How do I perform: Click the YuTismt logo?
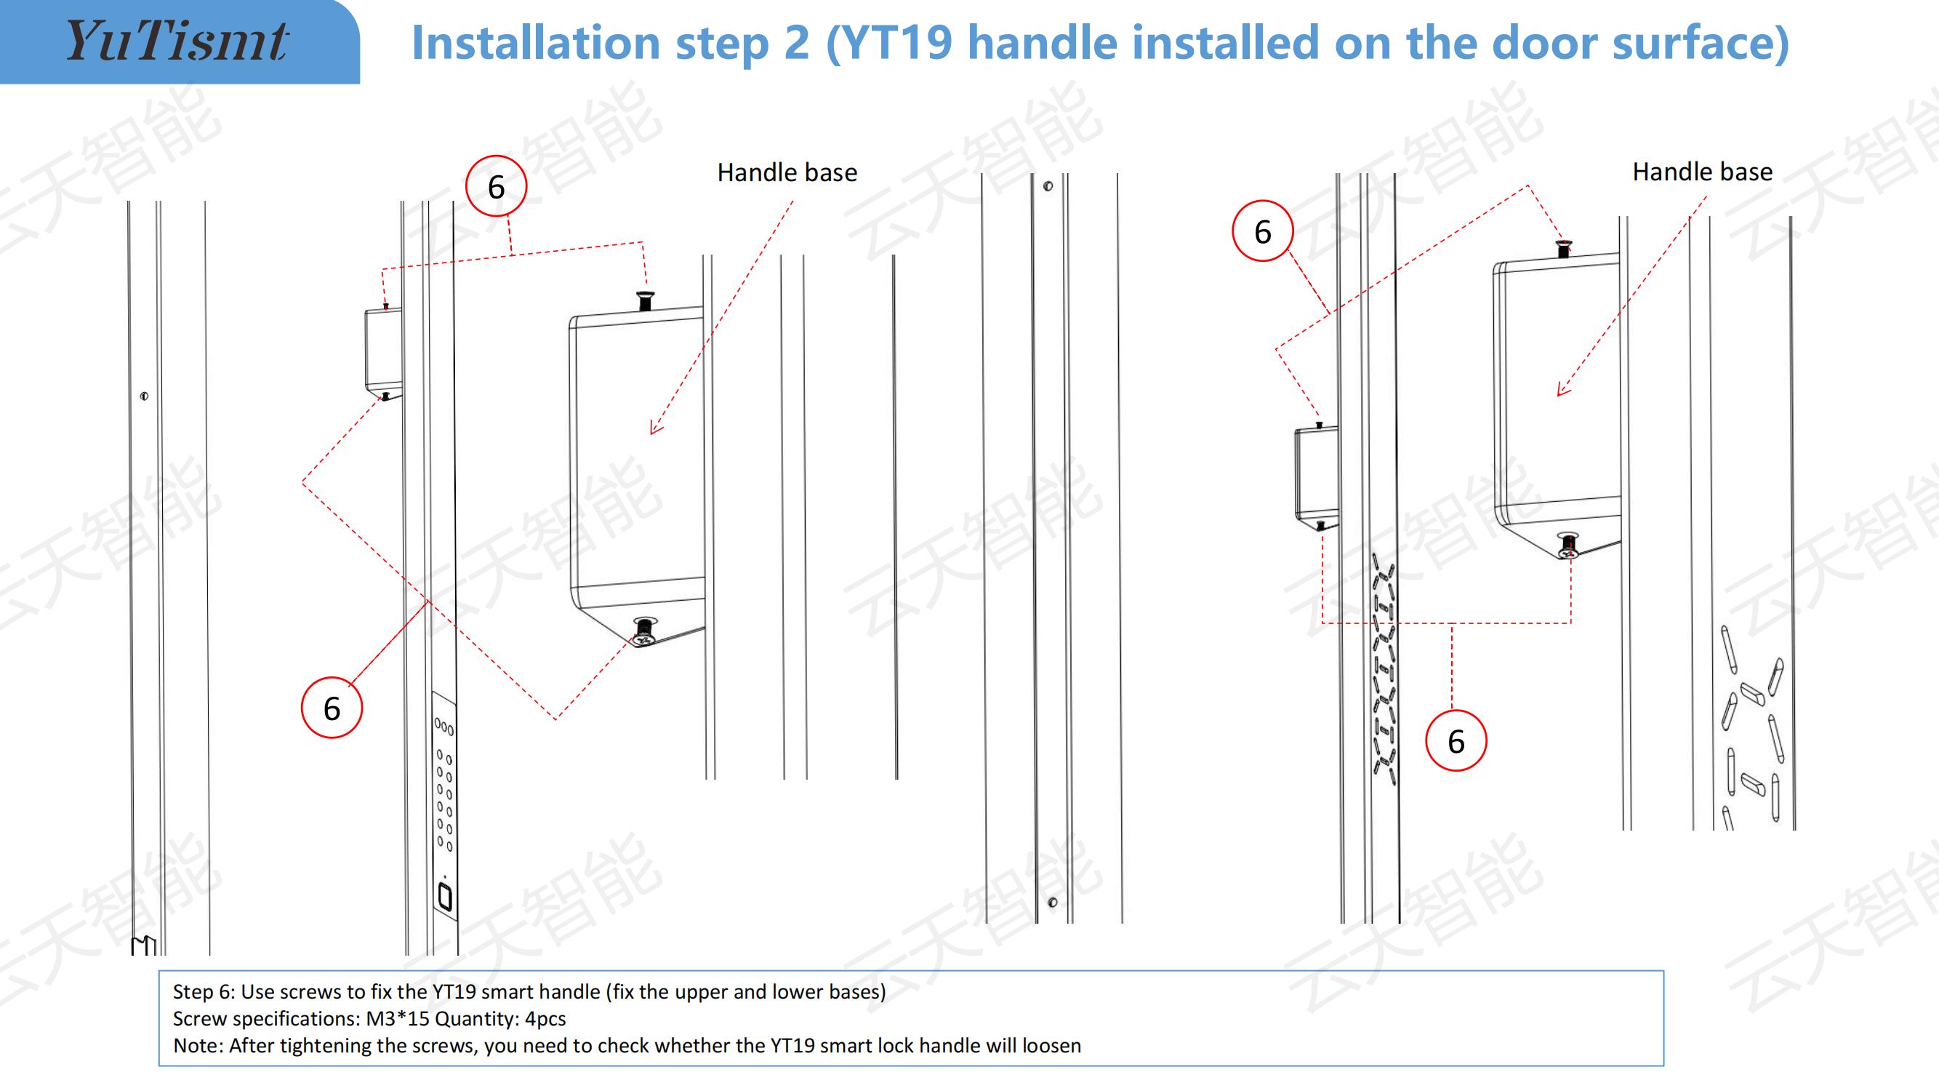(x=177, y=41)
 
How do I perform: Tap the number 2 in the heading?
(x=796, y=42)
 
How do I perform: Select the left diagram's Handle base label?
(x=787, y=172)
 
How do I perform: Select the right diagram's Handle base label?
(x=1702, y=172)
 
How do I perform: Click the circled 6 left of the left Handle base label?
(x=496, y=186)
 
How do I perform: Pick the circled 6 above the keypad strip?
(x=332, y=707)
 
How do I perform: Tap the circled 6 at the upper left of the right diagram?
(x=1262, y=231)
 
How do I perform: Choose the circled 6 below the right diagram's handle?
(x=1456, y=740)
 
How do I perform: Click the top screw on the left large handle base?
(x=645, y=300)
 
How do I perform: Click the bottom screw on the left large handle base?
(x=643, y=631)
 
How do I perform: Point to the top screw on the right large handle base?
(x=1563, y=248)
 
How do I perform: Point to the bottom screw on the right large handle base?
(x=1568, y=546)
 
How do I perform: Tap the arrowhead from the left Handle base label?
(x=655, y=428)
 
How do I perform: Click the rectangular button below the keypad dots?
(x=445, y=897)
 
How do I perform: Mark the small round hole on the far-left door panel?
(x=144, y=396)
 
